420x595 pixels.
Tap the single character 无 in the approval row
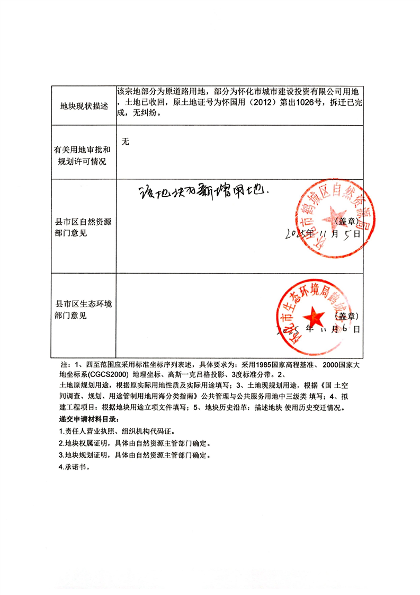pos(126,141)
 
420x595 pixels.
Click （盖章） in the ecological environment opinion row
pos(347,316)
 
